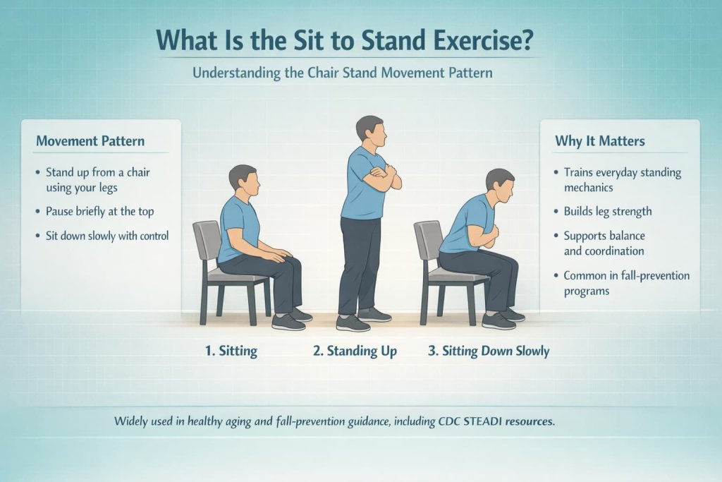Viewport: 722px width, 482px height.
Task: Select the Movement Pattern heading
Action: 90,141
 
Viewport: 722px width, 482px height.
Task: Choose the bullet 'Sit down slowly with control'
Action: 106,236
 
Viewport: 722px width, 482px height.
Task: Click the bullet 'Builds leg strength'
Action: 607,211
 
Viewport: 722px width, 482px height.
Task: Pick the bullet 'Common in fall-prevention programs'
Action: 626,283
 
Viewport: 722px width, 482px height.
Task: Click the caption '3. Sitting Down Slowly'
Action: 489,351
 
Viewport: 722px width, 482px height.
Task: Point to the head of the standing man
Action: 369,131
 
